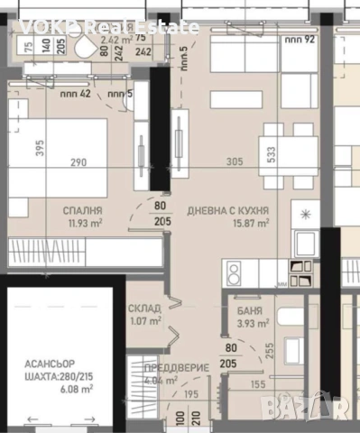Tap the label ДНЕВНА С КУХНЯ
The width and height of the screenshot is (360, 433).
click(227, 209)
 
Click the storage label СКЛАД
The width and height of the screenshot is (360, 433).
click(143, 307)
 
